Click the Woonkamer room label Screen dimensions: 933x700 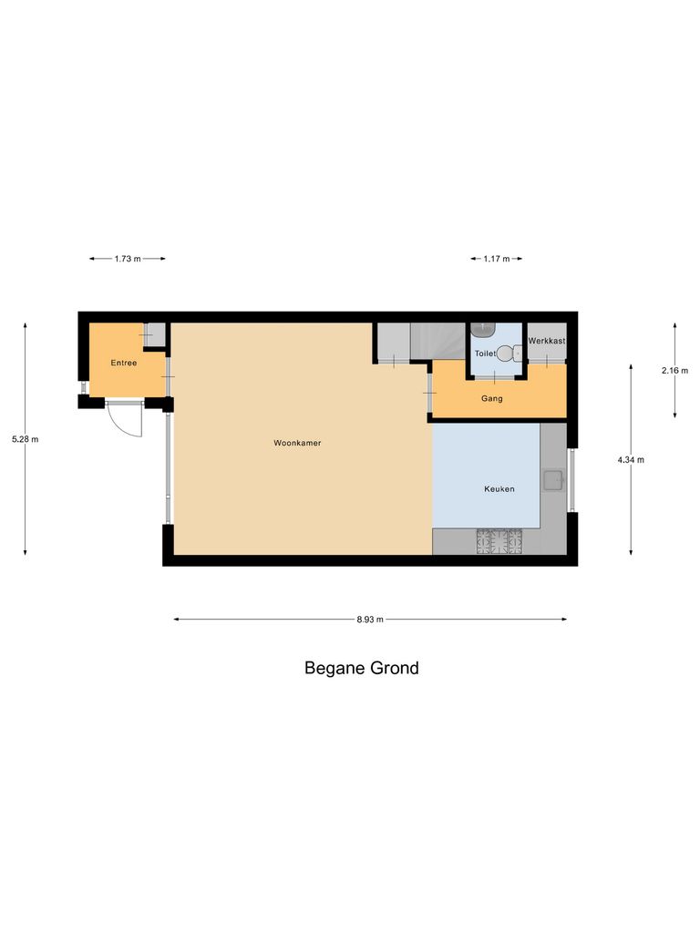[297, 444]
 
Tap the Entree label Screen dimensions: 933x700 [124, 364]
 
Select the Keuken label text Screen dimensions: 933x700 [499, 489]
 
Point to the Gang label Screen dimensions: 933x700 [491, 399]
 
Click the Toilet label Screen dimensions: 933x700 [485, 353]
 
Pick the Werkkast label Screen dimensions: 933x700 [547, 341]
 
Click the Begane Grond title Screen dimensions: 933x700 [361, 668]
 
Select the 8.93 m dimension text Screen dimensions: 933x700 [370, 620]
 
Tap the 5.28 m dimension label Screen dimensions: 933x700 [25, 439]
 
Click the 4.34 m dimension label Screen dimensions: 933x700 [631, 460]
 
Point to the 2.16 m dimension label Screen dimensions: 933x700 [674, 370]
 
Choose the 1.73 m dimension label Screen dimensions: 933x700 [128, 259]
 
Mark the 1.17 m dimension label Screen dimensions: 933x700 [497, 259]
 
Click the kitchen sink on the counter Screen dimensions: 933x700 [552, 479]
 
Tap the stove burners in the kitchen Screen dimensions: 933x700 [499, 542]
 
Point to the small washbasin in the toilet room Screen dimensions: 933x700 [482, 330]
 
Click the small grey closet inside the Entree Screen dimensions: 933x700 [156, 334]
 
